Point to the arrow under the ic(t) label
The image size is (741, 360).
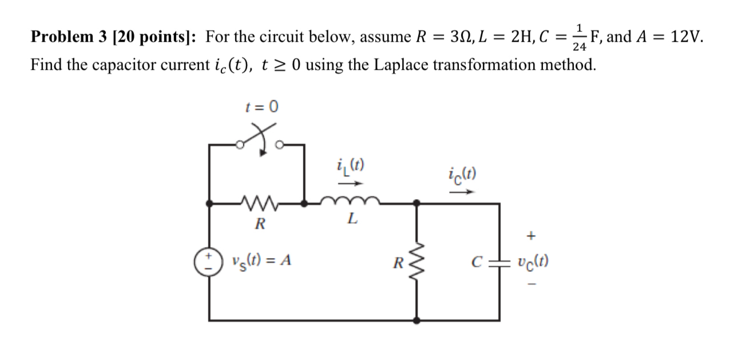[x=461, y=192]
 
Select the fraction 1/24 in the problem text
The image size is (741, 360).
[x=580, y=36]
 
